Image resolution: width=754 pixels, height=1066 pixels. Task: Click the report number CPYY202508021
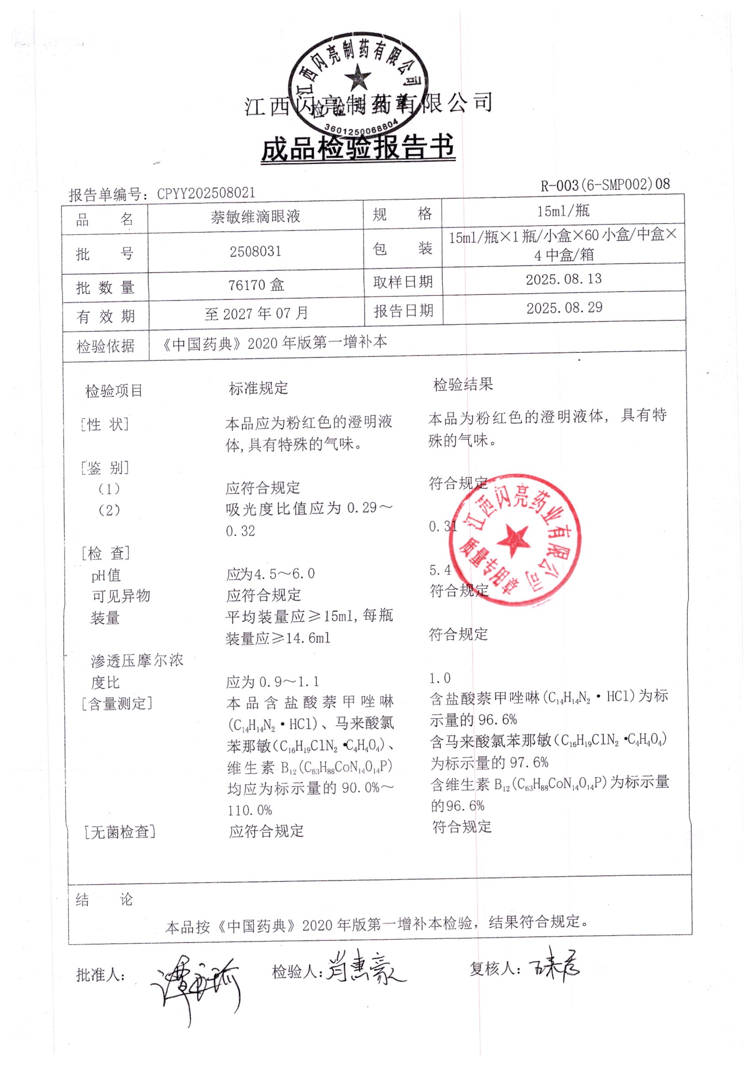pos(206,193)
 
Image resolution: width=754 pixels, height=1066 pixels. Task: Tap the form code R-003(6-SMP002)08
pos(605,185)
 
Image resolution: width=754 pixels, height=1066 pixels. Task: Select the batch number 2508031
pos(255,252)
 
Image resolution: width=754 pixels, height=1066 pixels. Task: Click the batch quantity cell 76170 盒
pos(256,284)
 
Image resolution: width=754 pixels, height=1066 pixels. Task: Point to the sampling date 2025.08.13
pos(564,279)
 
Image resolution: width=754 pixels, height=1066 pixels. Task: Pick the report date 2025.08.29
pos(564,307)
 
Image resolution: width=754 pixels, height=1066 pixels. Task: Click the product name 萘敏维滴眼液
pos(255,216)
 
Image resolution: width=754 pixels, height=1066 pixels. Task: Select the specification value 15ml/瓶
pos(563,211)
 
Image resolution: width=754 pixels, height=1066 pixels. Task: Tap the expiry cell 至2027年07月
pos(256,313)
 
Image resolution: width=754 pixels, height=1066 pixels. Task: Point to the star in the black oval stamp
pos(358,77)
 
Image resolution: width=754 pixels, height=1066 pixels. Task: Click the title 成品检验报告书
pos(358,148)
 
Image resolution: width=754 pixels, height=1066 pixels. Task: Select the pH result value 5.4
pos(439,570)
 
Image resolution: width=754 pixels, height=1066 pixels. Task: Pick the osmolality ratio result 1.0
pos(439,678)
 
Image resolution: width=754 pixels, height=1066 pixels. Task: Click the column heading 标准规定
pos(258,388)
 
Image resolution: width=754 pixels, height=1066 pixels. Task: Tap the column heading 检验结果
pos(463,384)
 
